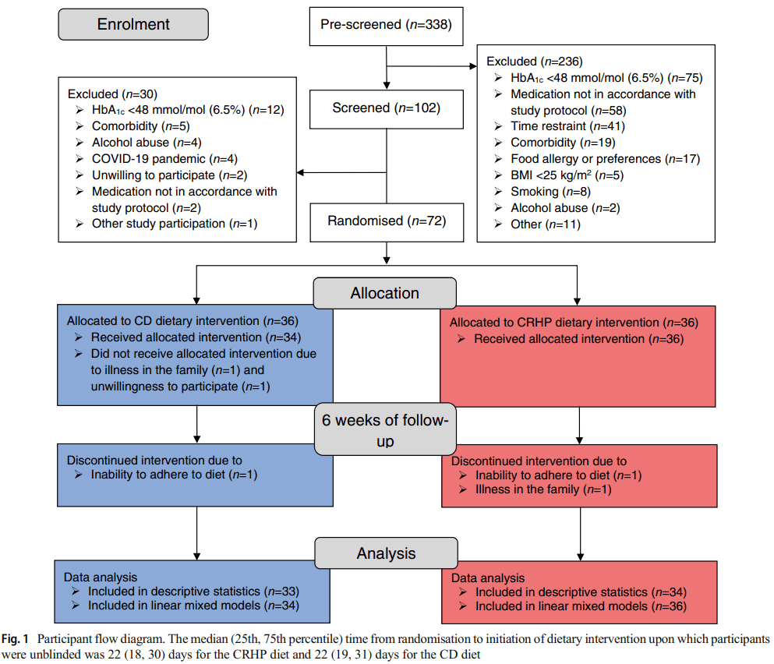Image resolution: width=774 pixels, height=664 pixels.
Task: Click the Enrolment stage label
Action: coord(133,24)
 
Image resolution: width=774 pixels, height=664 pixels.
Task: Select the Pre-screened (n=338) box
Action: coord(386,26)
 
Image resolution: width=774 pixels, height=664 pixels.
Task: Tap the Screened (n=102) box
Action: coord(387,109)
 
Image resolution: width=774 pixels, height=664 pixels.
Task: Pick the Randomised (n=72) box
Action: coord(387,222)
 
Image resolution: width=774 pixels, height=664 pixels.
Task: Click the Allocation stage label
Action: coord(384,293)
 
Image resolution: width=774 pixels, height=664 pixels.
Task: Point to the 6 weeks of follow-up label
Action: coord(385,429)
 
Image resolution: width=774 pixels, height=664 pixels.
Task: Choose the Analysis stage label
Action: coord(386,553)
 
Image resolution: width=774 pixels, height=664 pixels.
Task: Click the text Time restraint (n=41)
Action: coord(567,126)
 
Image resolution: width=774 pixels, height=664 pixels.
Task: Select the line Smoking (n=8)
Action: coord(550,192)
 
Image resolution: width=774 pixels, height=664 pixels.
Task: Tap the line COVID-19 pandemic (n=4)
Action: coord(164,159)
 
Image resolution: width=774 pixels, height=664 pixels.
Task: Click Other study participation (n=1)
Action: coord(175,224)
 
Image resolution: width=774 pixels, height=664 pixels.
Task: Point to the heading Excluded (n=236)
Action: coord(535,62)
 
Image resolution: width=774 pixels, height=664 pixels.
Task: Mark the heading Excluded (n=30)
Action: coord(112,94)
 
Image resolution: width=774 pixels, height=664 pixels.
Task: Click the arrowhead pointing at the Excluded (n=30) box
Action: coord(300,173)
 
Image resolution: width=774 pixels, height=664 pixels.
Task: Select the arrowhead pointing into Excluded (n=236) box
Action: coord(473,65)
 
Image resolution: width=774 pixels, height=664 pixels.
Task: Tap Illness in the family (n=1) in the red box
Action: coord(543,489)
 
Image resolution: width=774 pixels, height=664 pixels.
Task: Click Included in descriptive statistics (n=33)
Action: coord(193,592)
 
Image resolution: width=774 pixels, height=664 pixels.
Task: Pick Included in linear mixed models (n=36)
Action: coord(581,606)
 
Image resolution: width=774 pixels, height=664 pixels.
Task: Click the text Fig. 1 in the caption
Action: coord(15,639)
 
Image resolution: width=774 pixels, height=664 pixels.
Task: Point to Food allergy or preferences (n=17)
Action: coord(605,159)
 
